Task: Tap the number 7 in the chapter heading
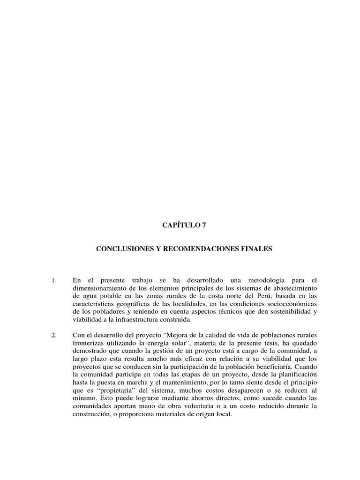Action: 204,225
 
